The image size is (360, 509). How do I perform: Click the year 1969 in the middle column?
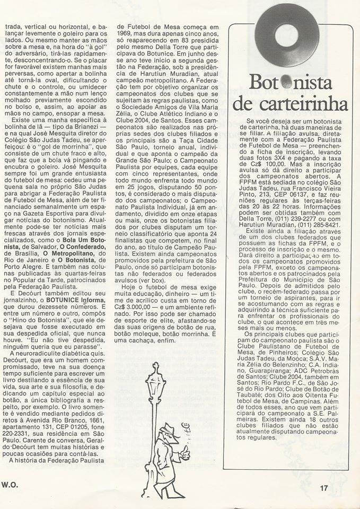(x=126, y=32)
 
